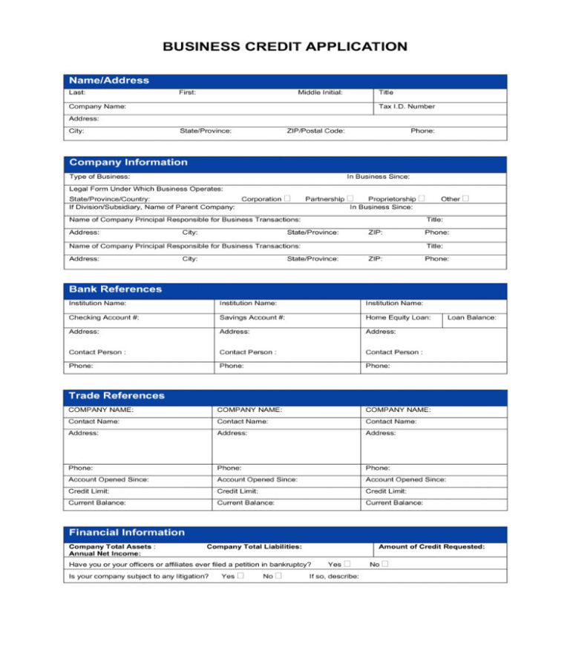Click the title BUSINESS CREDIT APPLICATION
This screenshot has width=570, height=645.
[x=285, y=47]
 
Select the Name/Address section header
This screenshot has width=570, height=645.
[x=109, y=80]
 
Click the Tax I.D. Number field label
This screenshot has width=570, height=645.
[x=407, y=106]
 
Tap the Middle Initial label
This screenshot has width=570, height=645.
[x=320, y=92]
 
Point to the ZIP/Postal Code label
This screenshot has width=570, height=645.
[x=315, y=131]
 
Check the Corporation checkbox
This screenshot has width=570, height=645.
[x=286, y=198]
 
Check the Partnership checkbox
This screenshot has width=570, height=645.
[x=350, y=198]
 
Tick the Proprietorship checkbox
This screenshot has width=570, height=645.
[x=422, y=198]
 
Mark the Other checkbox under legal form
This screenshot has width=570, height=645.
[x=465, y=198]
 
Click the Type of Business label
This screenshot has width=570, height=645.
[x=99, y=176]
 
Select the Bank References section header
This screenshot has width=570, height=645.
[x=115, y=289]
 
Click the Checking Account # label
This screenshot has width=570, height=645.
[x=104, y=317]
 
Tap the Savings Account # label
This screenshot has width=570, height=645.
[x=252, y=317]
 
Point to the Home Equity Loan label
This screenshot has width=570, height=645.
[x=398, y=317]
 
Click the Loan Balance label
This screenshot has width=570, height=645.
[x=472, y=317]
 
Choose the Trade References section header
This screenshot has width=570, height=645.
[x=117, y=396]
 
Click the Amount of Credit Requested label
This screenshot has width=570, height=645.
[x=431, y=546]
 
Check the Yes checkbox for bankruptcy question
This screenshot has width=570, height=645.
[x=347, y=564]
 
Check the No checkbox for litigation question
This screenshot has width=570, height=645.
[x=278, y=576]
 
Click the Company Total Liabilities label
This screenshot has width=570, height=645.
[x=254, y=546]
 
